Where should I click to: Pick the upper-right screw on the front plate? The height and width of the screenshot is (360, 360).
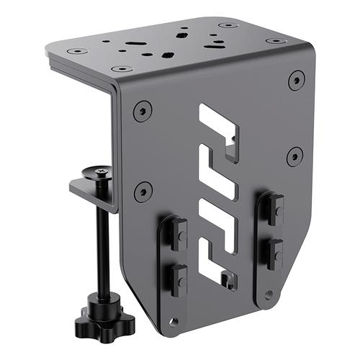tap(296, 80)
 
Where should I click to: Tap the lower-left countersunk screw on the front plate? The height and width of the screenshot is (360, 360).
tap(143, 191)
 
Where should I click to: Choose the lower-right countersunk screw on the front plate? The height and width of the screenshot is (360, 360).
tap(294, 156)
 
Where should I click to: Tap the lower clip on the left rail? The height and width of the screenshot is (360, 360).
tap(175, 278)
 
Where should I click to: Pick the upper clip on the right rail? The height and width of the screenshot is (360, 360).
tap(270, 207)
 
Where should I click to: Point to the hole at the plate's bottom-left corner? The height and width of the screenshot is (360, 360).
tap(173, 322)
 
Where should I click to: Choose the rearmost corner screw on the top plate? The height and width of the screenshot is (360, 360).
tap(229, 26)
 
